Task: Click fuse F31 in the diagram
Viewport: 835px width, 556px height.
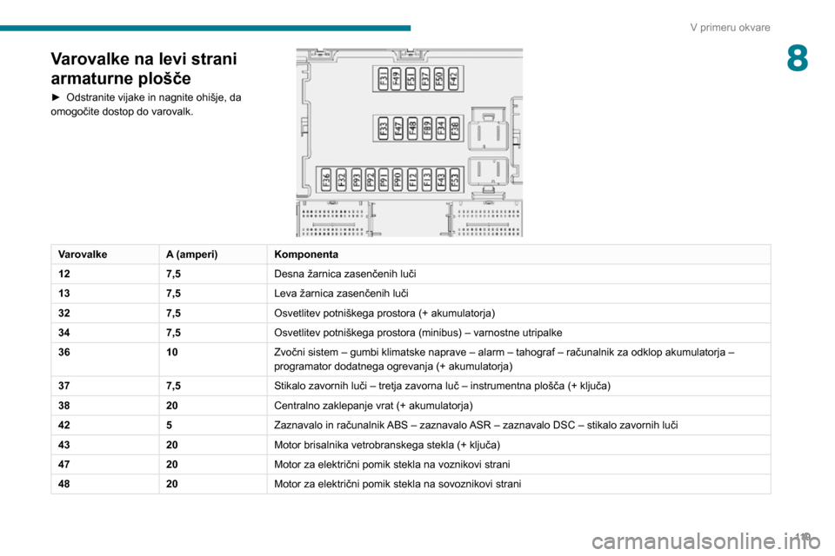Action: click(x=384, y=78)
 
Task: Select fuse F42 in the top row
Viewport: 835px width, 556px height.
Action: click(x=454, y=78)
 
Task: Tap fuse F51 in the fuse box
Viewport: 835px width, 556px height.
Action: click(x=411, y=78)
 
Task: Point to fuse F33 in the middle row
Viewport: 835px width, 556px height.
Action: click(x=384, y=129)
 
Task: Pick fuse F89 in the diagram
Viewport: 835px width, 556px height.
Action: click(x=426, y=129)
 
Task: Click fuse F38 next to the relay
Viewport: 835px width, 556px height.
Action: click(x=454, y=129)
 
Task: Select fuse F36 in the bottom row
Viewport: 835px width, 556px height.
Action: click(x=327, y=180)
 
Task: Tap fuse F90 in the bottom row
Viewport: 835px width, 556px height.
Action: click(x=397, y=180)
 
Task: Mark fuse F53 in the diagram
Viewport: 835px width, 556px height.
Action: click(x=454, y=180)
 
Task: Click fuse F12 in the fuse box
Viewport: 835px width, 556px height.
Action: click(x=412, y=180)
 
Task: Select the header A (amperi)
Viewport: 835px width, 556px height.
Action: click(x=191, y=254)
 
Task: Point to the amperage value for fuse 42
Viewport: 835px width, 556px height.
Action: click(x=169, y=425)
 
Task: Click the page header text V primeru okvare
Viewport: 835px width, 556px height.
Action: click(x=730, y=27)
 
